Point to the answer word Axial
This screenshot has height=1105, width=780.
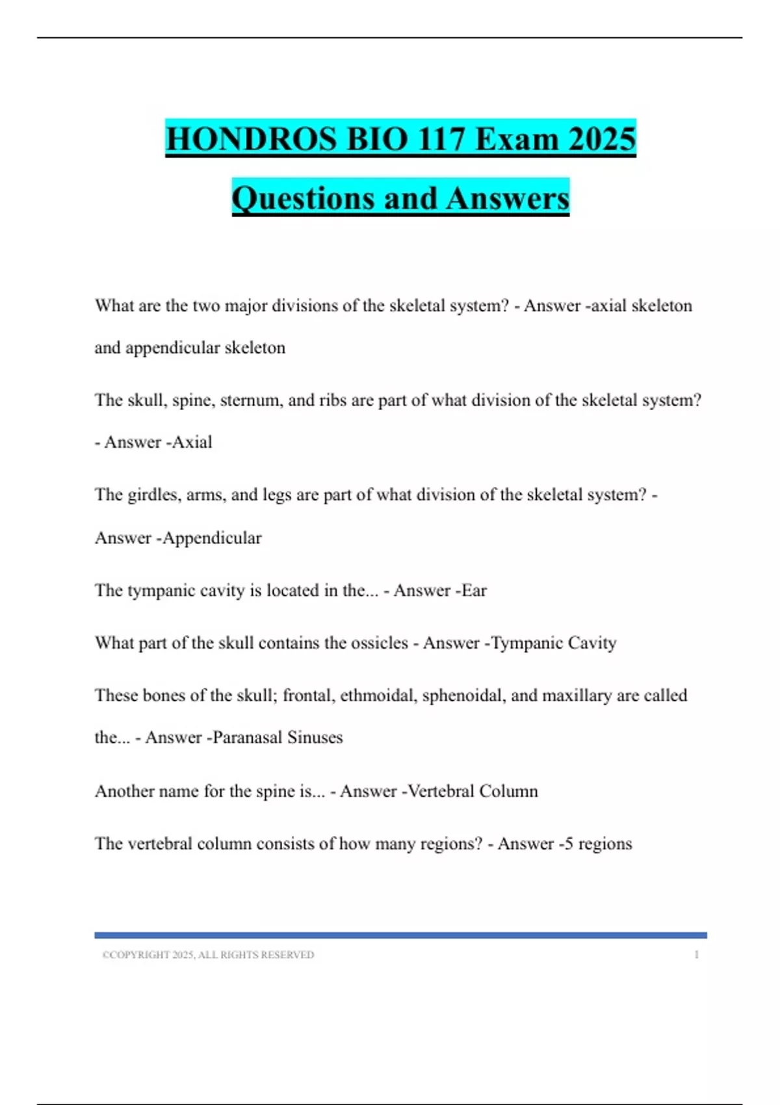192,442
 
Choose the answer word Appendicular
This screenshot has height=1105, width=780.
212,538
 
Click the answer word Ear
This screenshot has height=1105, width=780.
474,590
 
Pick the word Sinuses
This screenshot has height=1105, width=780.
315,738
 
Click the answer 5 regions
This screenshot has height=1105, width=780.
598,844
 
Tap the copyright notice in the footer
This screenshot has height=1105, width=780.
208,955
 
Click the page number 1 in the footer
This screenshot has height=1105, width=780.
696,955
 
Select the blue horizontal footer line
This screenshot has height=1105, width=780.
400,935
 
